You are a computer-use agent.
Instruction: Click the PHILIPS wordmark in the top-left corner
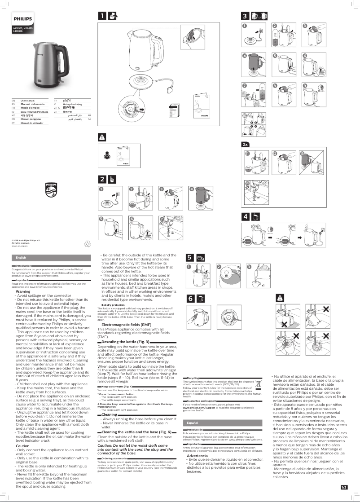(x=22, y=19)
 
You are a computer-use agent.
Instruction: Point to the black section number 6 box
(x=190, y=298)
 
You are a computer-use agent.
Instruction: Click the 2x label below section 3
(x=246, y=145)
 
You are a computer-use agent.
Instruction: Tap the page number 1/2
(x=344, y=487)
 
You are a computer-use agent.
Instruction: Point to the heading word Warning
(x=23, y=291)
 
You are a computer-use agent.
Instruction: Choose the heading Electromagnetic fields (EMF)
(x=126, y=324)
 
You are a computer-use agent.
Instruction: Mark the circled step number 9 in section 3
(x=304, y=85)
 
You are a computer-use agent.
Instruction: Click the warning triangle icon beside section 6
(x=280, y=297)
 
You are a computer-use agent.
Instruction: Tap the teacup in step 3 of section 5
(x=257, y=284)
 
